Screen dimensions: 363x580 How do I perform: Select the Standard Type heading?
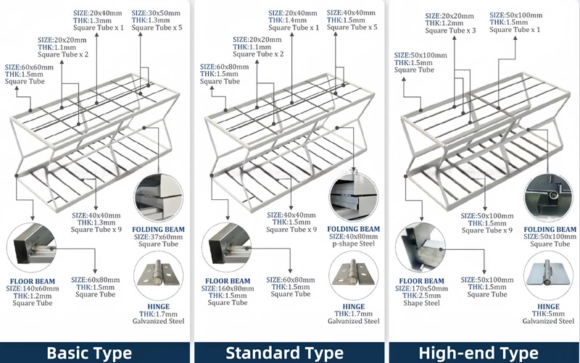coord(284,353)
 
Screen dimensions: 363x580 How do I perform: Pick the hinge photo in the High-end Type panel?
coord(548,278)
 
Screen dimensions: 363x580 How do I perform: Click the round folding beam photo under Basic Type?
coord(159,197)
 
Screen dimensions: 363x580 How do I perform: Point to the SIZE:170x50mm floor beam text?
coord(420,288)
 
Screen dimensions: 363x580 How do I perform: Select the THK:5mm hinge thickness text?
coord(550,314)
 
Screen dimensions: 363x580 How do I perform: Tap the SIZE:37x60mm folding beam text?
coord(159,236)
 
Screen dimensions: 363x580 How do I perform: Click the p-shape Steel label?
coord(355,244)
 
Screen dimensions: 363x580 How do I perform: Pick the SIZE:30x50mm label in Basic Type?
coord(156,13)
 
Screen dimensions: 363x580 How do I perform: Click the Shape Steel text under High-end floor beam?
coord(420,304)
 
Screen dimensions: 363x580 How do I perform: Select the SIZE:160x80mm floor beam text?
coord(228,288)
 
